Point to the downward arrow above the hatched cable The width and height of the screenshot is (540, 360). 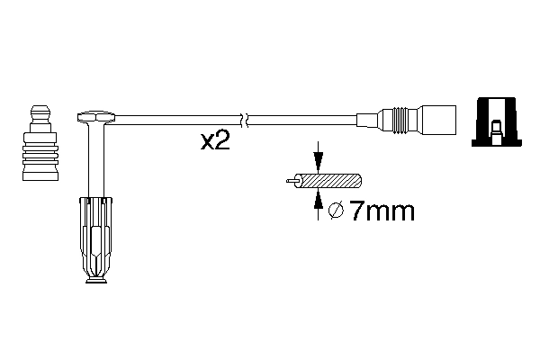pos(316,157)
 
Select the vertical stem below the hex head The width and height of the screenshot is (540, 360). pos(95,157)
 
